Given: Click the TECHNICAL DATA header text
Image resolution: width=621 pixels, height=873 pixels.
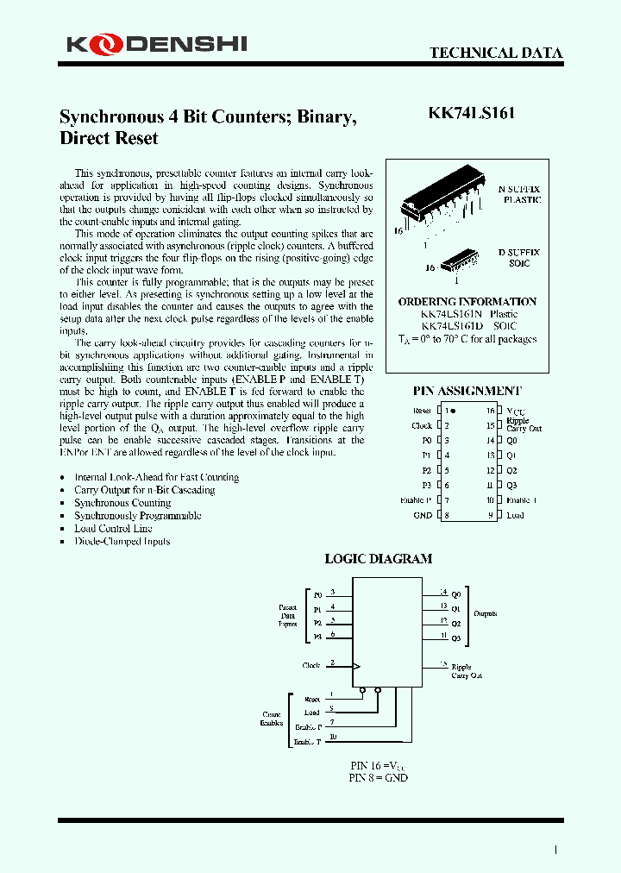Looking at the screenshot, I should (x=496, y=53).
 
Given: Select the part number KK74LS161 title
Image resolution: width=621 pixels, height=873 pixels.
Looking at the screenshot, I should (x=473, y=113).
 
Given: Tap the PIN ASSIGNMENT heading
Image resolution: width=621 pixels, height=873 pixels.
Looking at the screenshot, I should (x=467, y=391).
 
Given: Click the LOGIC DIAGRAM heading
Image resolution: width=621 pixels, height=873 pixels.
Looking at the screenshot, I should (x=378, y=558).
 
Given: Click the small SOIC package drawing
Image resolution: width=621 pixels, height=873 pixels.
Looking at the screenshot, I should (x=458, y=260).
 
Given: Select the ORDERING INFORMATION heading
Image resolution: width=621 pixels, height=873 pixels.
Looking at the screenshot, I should (x=467, y=302).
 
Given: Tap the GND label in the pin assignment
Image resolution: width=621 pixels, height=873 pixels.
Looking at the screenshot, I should (x=423, y=516).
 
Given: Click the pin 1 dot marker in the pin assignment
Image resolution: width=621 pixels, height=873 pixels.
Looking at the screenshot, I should (x=453, y=411).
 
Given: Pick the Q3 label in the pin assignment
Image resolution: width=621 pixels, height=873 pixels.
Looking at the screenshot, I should (x=511, y=485).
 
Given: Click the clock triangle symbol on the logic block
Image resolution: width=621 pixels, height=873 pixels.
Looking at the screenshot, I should (x=356, y=666).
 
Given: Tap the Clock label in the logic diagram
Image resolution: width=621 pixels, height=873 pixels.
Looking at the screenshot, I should (x=311, y=665).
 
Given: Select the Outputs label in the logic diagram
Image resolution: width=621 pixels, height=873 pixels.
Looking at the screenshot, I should (x=485, y=613).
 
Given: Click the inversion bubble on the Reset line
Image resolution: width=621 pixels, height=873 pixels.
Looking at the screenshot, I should (x=363, y=690).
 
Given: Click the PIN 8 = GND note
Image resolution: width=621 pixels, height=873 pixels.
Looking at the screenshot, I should (x=378, y=777).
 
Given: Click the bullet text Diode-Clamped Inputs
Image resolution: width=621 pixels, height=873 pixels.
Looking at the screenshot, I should (x=122, y=542).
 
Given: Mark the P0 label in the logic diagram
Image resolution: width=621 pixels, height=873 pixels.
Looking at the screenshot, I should (x=317, y=595).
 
